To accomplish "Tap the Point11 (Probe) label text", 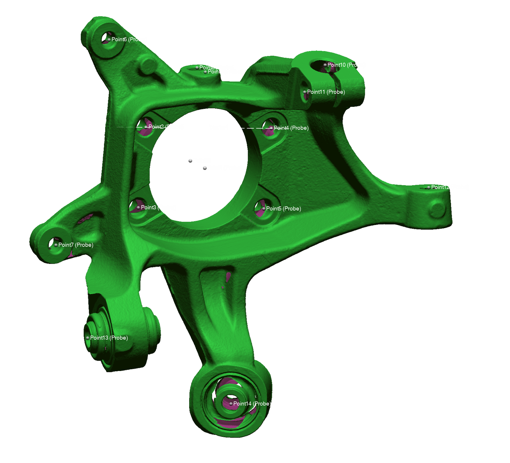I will pos(326,92).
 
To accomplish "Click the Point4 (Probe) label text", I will pos(291,128).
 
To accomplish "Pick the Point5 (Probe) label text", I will pos(283,209).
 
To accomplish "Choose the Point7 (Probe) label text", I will pos(76,245).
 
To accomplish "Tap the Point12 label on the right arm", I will pos(439,187).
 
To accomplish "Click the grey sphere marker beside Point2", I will pos(146,127).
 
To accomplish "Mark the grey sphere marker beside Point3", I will pos(138,207).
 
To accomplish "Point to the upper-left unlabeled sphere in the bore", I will pos(190,161).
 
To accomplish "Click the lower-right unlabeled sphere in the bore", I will pos(205,168).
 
